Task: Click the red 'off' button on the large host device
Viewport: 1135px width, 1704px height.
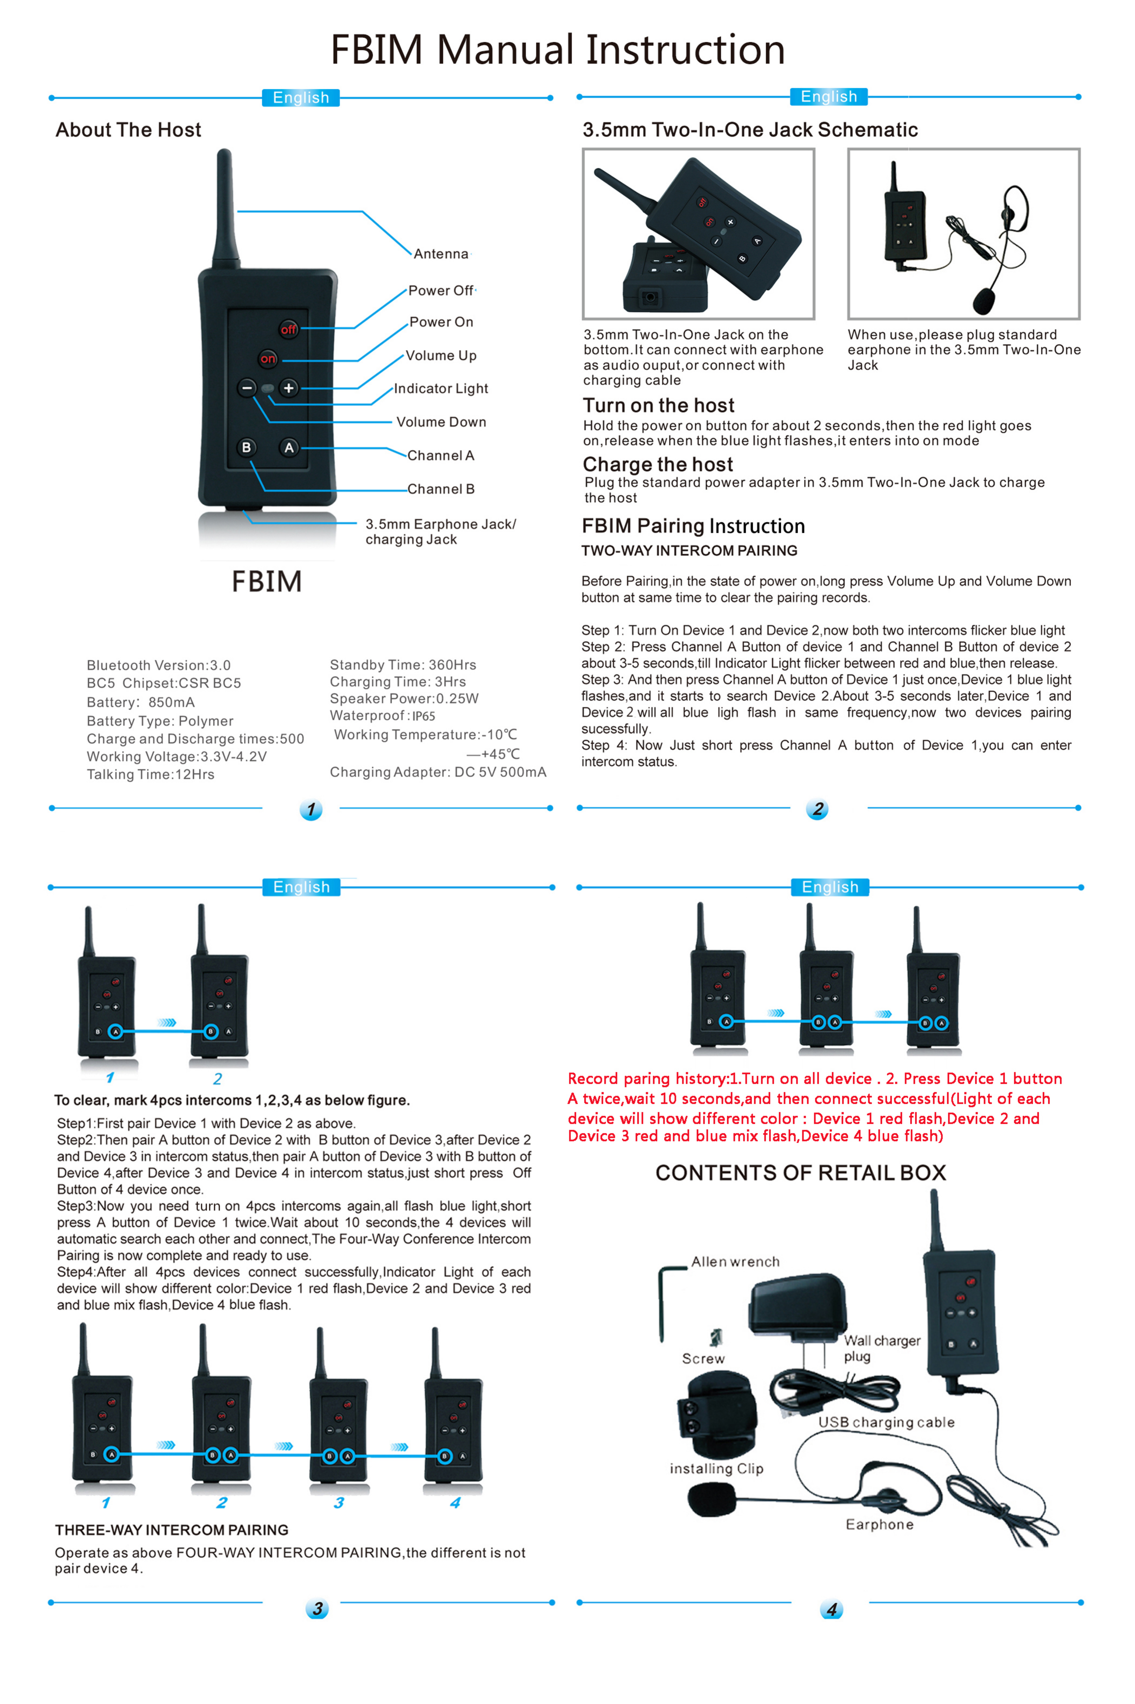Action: [x=289, y=329]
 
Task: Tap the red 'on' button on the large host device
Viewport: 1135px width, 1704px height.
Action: [x=268, y=358]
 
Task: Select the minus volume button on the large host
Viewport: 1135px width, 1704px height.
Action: [x=247, y=388]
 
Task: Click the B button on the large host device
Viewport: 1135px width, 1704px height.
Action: [x=246, y=447]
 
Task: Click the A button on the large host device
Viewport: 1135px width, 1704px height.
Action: [x=289, y=447]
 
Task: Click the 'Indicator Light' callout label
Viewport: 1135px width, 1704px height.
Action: [x=441, y=389]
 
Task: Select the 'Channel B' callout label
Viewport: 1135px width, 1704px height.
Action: [x=441, y=489]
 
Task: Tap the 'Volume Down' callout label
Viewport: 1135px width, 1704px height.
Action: [x=441, y=422]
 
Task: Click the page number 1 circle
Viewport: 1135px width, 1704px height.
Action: [x=311, y=809]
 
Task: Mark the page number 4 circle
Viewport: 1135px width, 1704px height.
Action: [x=831, y=1609]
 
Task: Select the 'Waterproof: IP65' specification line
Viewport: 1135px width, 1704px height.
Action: [x=382, y=716]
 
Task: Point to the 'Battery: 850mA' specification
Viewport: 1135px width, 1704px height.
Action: [x=141, y=702]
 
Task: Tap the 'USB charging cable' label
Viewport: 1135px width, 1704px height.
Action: [x=886, y=1422]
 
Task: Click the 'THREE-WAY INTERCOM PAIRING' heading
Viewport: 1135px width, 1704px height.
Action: [x=172, y=1530]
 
